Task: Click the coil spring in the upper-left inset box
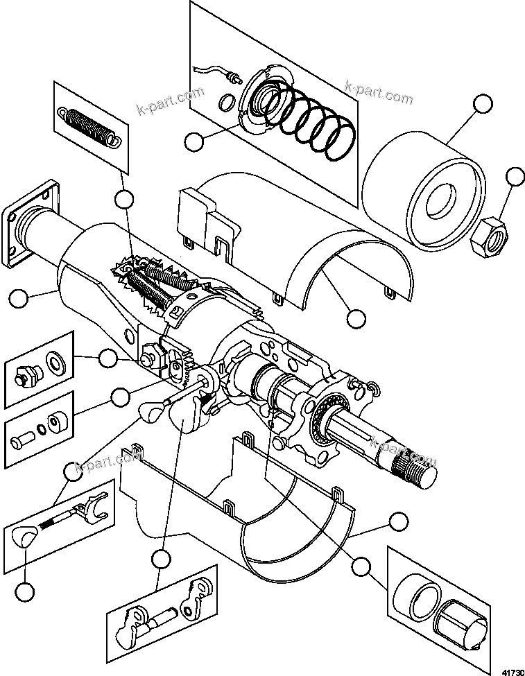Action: [x=89, y=125]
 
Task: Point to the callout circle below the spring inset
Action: [x=124, y=200]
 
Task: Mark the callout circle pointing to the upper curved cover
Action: [x=355, y=318]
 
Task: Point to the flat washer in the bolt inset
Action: [x=53, y=364]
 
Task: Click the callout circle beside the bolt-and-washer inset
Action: [x=107, y=358]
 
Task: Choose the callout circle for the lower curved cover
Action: [x=397, y=521]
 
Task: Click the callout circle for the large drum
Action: [x=483, y=105]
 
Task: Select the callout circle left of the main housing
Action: [x=19, y=299]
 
